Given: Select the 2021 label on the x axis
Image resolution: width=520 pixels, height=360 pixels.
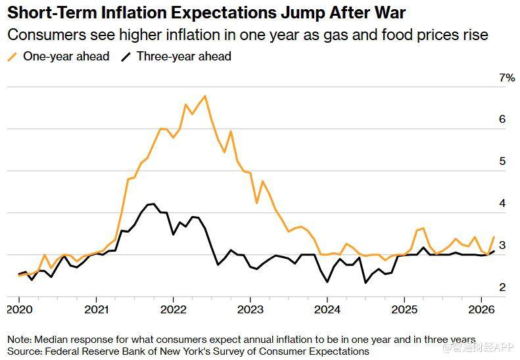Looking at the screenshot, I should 96,309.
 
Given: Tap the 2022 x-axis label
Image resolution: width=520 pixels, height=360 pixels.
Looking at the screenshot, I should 173,309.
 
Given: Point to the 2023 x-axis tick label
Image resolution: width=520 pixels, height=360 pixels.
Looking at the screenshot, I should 250,309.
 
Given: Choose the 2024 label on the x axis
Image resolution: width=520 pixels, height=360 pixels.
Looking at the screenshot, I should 327,309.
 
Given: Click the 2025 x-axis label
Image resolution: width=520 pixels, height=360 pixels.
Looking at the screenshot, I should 404,309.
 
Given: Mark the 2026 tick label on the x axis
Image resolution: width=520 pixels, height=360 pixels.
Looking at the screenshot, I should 481,309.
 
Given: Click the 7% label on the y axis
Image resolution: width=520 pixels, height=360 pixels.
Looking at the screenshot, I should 507,78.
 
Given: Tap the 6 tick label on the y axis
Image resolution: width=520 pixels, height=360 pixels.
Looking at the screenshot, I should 502,120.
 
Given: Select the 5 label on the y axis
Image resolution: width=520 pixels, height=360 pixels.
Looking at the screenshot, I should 502,161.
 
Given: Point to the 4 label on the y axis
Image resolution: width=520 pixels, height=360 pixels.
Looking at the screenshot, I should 502,203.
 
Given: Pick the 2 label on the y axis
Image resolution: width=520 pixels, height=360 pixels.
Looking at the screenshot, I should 502,287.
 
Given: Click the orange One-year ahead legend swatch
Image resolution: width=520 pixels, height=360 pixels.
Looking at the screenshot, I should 12,56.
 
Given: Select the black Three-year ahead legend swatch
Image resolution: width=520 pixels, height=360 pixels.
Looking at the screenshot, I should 126,56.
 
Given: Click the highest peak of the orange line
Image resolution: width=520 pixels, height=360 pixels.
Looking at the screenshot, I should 205,96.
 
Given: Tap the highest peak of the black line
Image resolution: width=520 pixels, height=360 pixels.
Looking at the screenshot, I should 153,204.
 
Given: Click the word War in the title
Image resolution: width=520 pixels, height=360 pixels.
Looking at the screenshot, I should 388,12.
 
